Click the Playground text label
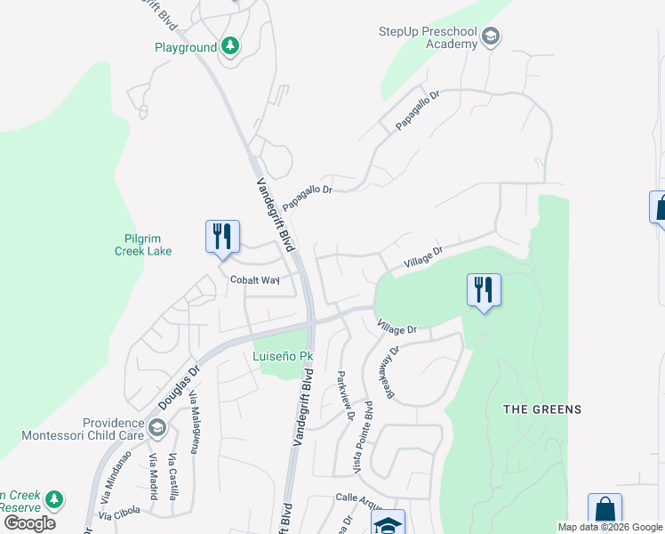(x=185, y=47)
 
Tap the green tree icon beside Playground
(x=230, y=45)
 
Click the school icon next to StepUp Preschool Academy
(x=490, y=37)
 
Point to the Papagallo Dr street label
(x=418, y=110)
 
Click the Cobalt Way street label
(x=255, y=279)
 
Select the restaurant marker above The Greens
(x=484, y=290)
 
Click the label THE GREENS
(x=542, y=409)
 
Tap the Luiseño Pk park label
(x=283, y=357)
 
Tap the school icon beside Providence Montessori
(x=157, y=428)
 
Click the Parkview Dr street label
(x=345, y=395)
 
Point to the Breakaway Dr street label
(x=391, y=370)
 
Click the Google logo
(x=29, y=523)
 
